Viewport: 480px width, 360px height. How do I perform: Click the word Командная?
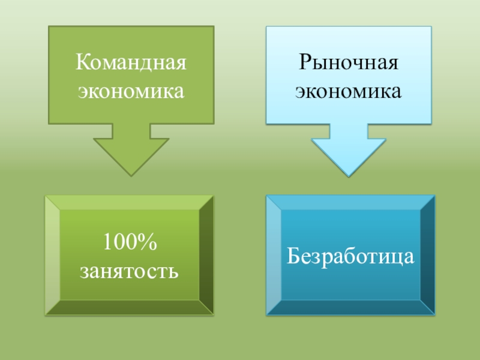131,62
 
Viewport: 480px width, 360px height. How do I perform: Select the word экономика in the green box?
131,91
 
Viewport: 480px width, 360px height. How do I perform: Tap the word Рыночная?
349,62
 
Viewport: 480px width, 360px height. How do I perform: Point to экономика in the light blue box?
349,91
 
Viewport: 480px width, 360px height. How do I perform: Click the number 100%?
129,242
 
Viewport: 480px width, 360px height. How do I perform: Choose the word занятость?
129,271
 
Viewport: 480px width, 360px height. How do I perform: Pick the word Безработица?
350,256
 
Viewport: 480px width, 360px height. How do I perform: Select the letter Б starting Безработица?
293,256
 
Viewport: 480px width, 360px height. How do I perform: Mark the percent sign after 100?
147,242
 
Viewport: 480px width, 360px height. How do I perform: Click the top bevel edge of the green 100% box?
129,202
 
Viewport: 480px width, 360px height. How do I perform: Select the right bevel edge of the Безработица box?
428,254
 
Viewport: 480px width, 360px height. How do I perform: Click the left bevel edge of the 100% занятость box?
52,255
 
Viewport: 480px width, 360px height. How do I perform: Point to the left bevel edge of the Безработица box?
274,254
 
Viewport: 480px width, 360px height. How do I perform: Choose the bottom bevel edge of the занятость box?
129,308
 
